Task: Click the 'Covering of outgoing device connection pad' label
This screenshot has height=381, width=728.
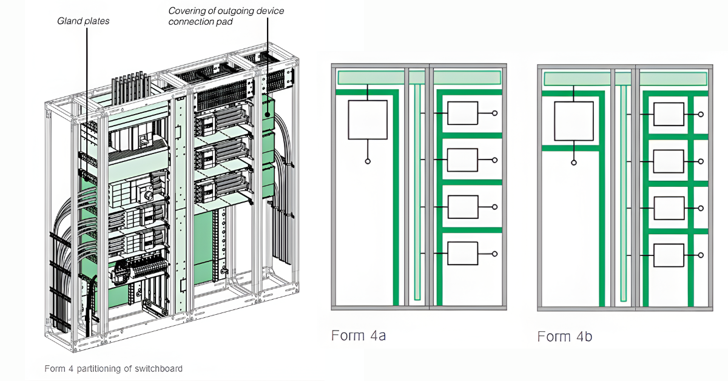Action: pyautogui.click(x=226, y=16)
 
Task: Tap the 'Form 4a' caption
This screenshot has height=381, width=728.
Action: pyautogui.click(x=359, y=335)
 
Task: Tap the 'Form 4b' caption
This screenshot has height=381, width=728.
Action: pyautogui.click(x=565, y=335)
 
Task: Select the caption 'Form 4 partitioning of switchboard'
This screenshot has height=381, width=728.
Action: pyautogui.click(x=113, y=368)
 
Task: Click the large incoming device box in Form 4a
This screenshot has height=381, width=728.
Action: pyautogui.click(x=367, y=120)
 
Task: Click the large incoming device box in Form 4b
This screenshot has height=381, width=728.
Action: pyautogui.click(x=573, y=121)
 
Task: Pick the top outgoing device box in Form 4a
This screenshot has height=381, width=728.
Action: pyautogui.click(x=462, y=113)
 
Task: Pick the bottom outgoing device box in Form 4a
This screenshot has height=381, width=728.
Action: pyautogui.click(x=462, y=253)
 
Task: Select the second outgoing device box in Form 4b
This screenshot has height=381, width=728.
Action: pyautogui.click(x=669, y=161)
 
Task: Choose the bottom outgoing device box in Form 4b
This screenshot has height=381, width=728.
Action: pyautogui.click(x=669, y=255)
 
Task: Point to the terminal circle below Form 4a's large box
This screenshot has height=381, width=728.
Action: pyautogui.click(x=368, y=162)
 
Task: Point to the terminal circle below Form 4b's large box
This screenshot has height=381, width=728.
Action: pyautogui.click(x=574, y=163)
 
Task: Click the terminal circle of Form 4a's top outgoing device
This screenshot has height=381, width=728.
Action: pyautogui.click(x=495, y=113)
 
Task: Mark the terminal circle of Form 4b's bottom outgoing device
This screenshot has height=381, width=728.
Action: pyautogui.click(x=701, y=255)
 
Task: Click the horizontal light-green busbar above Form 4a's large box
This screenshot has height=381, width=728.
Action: pyautogui.click(x=371, y=78)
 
